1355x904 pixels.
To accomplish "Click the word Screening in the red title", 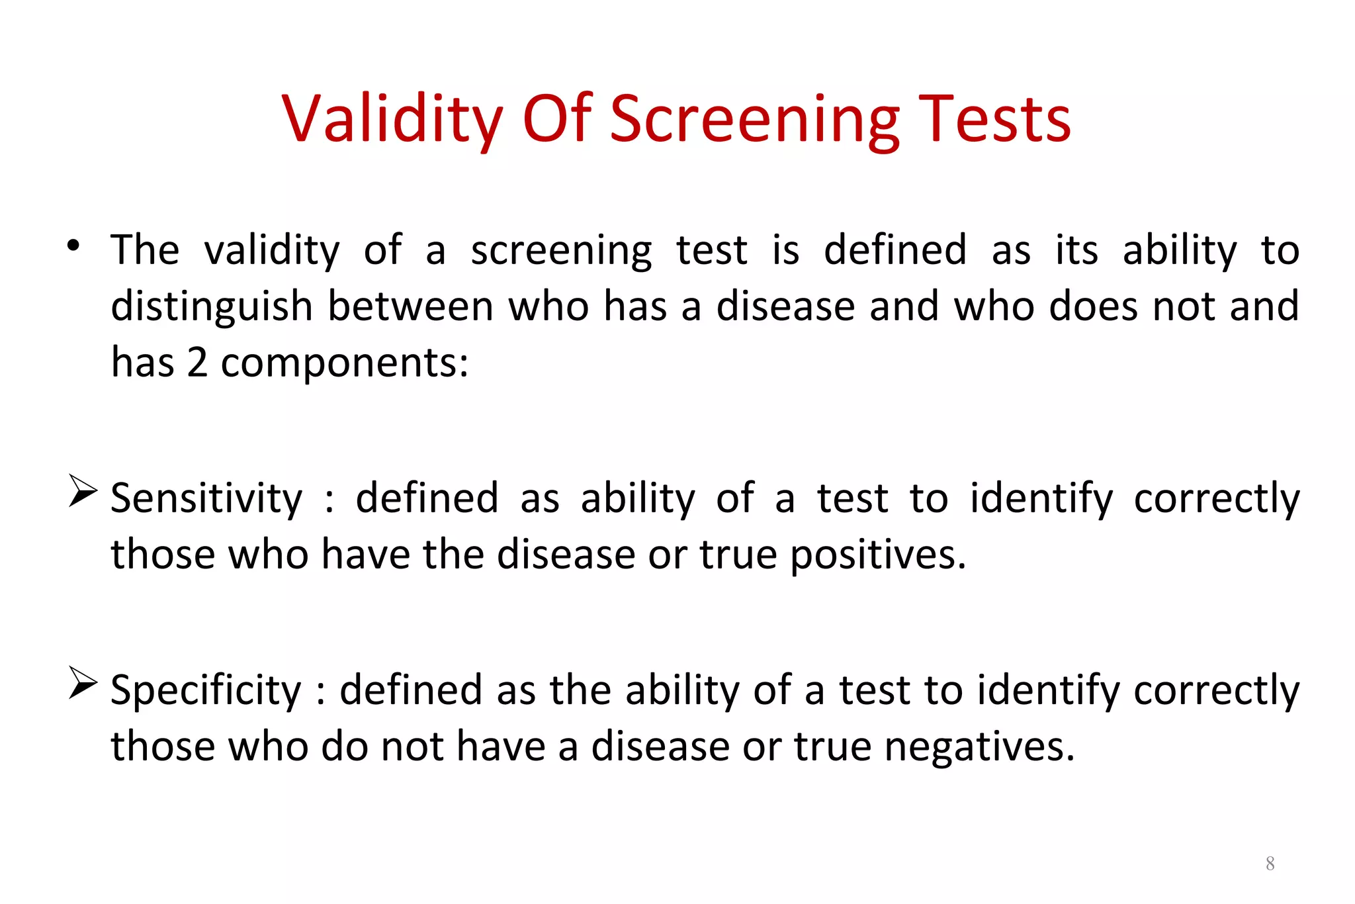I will click(x=754, y=119).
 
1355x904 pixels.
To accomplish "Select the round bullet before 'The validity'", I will click(x=73, y=246).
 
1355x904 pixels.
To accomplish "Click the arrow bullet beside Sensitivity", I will click(x=82, y=491).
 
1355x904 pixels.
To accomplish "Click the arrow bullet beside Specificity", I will click(x=82, y=683).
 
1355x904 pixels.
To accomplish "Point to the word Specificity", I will click(x=206, y=690).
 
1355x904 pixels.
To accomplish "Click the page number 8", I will click(x=1270, y=863).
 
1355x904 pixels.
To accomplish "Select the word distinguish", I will click(x=212, y=307).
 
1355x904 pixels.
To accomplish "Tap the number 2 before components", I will click(x=197, y=363).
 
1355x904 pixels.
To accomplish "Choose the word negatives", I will click(x=979, y=746).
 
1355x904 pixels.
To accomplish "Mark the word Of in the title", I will click(x=556, y=119).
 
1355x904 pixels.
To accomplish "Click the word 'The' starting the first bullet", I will click(x=145, y=250).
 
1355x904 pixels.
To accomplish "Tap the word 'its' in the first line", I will click(x=1076, y=250).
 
